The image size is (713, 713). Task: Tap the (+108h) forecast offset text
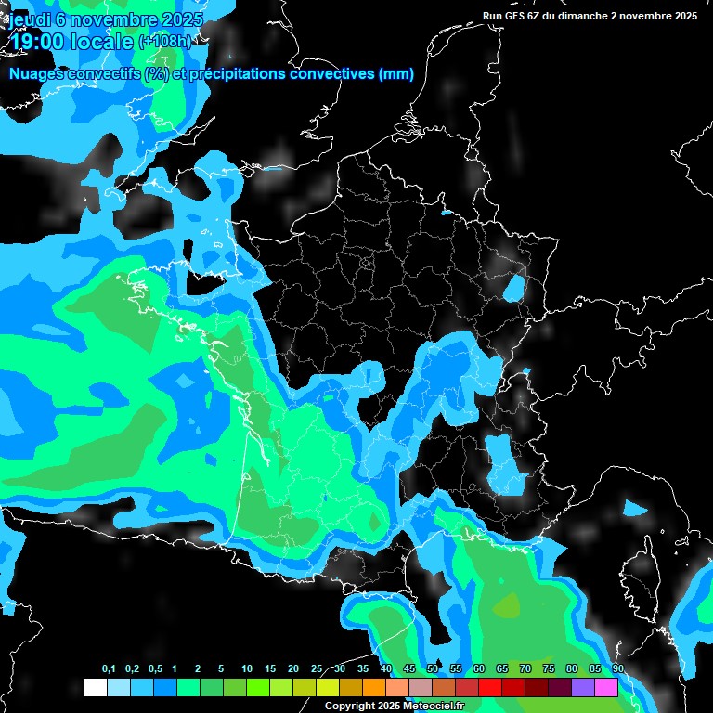pos(165,41)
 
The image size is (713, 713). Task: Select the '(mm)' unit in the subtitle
pos(396,74)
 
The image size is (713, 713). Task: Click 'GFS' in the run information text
pos(521,15)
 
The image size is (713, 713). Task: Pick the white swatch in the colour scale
pos(95,688)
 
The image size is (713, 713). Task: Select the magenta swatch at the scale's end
pos(606,688)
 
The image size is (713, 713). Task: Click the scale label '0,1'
pos(109,669)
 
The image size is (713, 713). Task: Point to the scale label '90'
pos(618,669)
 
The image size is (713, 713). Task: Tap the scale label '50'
pos(433,669)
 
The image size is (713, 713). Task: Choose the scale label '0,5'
pos(155,669)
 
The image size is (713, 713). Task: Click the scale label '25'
pos(317,669)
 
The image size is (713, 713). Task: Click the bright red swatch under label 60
pos(490,688)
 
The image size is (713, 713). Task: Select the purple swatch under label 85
pos(583,688)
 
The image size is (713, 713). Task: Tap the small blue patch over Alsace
pos(512,290)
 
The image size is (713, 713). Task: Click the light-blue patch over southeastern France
pos(506,464)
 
